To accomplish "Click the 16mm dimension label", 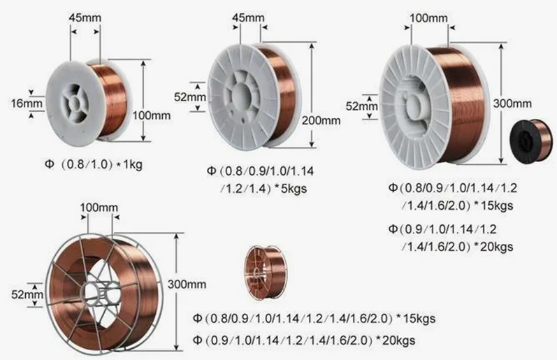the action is click(27, 103).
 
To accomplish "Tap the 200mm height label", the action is click(321, 120).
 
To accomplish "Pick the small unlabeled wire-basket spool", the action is click(266, 272).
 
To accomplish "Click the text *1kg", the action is click(129, 164).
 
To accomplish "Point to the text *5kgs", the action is click(291, 188).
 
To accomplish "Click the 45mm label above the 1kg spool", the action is click(85, 17).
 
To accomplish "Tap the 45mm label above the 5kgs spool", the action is click(248, 17).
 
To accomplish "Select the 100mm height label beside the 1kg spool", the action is click(152, 115).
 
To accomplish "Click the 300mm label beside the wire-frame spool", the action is click(187, 285).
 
